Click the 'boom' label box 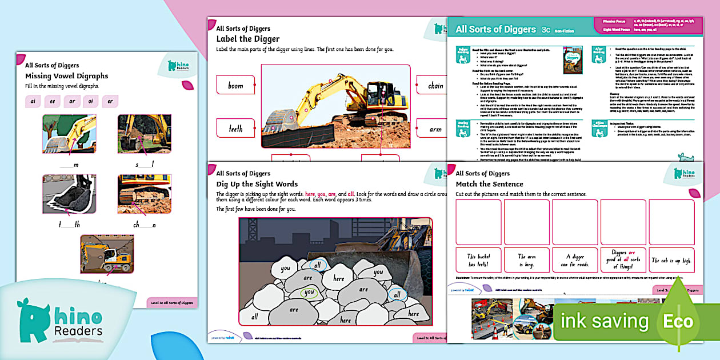235,85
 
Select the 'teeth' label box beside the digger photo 235,129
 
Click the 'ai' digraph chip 34,102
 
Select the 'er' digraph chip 110,102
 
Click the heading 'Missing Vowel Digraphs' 66,76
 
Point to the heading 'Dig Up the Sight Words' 257,184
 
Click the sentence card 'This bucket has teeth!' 479,260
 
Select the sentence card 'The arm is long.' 527,260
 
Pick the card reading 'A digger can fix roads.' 575,260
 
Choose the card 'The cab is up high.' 672,260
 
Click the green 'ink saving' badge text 606,321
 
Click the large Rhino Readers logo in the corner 60,321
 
